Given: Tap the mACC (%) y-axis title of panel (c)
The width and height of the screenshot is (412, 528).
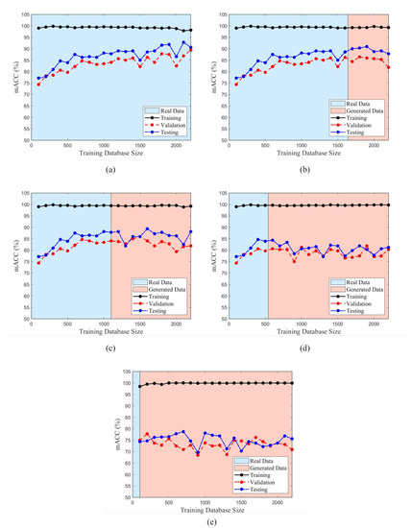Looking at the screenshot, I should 12,255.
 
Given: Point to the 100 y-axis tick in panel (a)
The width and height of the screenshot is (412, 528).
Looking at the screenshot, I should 24,27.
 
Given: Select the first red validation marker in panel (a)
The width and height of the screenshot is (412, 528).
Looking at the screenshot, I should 38,84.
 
